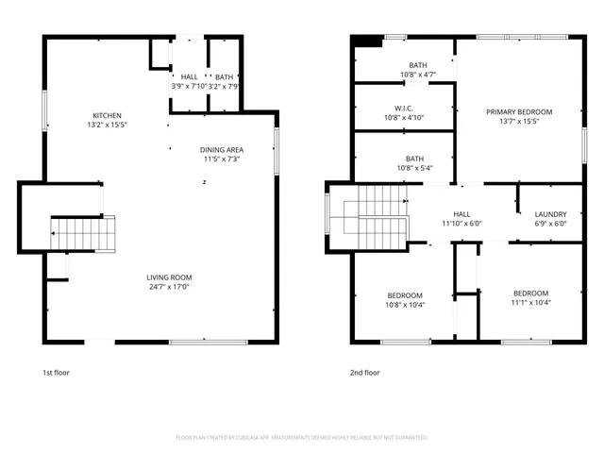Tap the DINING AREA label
[222, 150]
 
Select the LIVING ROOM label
[169, 277]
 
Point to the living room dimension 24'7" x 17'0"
[169, 288]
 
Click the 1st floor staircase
[83, 232]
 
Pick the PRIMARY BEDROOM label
[519, 112]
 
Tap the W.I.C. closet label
[404, 108]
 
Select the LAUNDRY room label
[550, 214]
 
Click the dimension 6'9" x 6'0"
[550, 225]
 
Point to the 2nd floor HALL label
[461, 214]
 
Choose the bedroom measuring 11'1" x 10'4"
[529, 298]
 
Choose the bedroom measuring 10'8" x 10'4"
[404, 299]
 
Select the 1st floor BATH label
[224, 76]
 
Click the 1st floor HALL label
[190, 76]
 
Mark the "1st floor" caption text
[56, 372]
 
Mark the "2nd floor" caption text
[365, 372]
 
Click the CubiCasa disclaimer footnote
[302, 437]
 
